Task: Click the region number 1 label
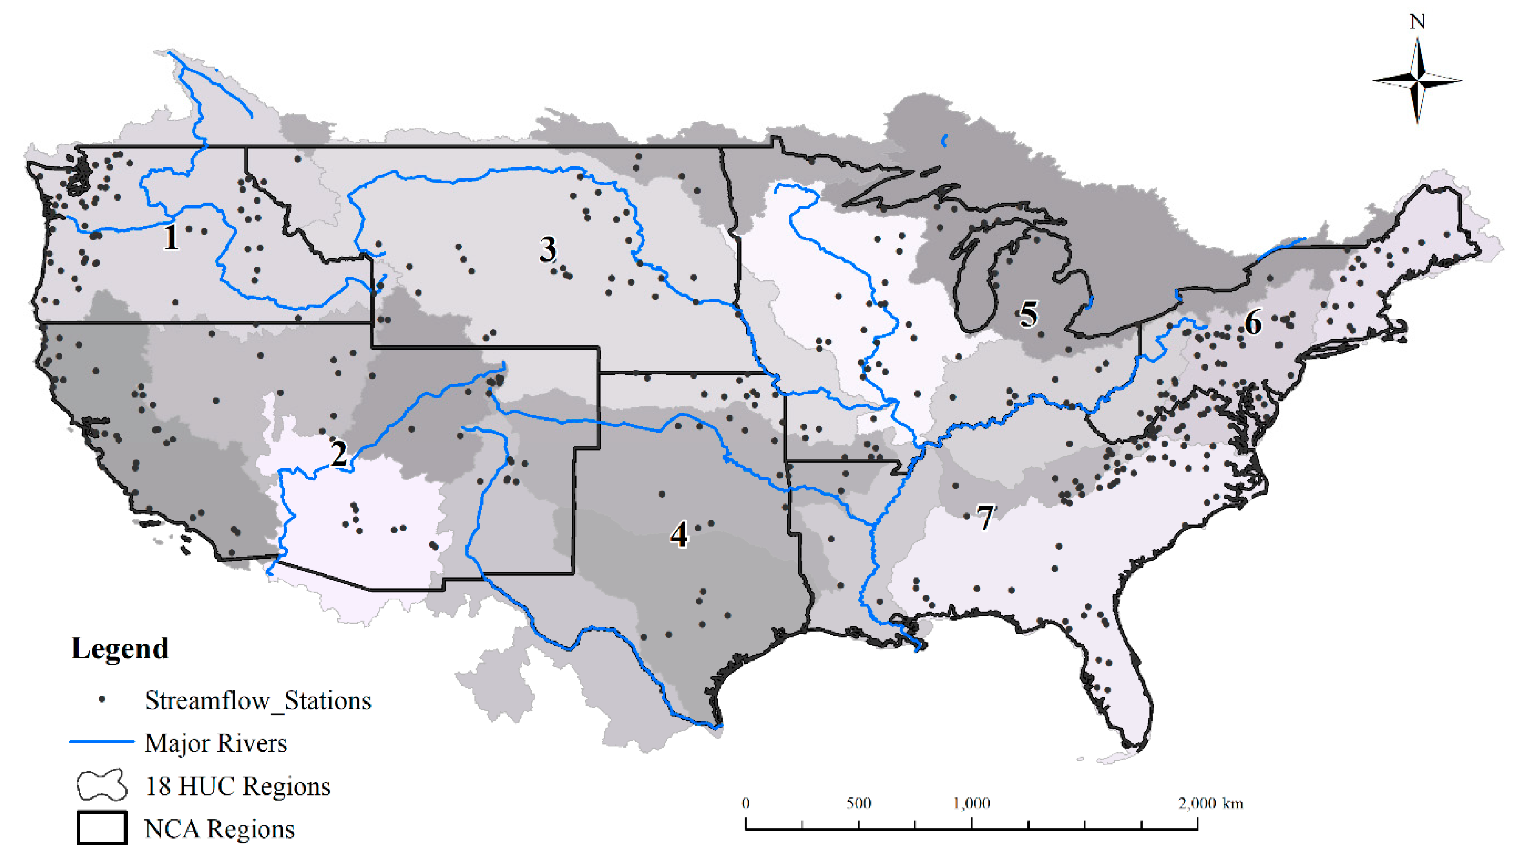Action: tap(171, 237)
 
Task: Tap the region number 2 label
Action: tap(339, 454)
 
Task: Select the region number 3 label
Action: tap(548, 249)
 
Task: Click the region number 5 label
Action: tap(1029, 314)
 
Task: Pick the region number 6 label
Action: tap(1252, 323)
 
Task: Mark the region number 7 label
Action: tap(985, 518)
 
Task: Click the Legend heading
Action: tap(120, 648)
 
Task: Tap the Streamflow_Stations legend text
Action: tap(258, 700)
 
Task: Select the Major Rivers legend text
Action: tap(216, 743)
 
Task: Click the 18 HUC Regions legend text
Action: tap(237, 786)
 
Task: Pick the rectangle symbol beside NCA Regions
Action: tap(101, 827)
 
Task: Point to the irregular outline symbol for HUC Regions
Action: tap(101, 785)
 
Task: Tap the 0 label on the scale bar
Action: tap(746, 804)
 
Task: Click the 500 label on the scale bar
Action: tap(858, 804)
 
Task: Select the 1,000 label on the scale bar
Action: tap(971, 804)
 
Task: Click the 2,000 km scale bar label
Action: tap(1210, 804)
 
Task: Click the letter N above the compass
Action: tap(1417, 22)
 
